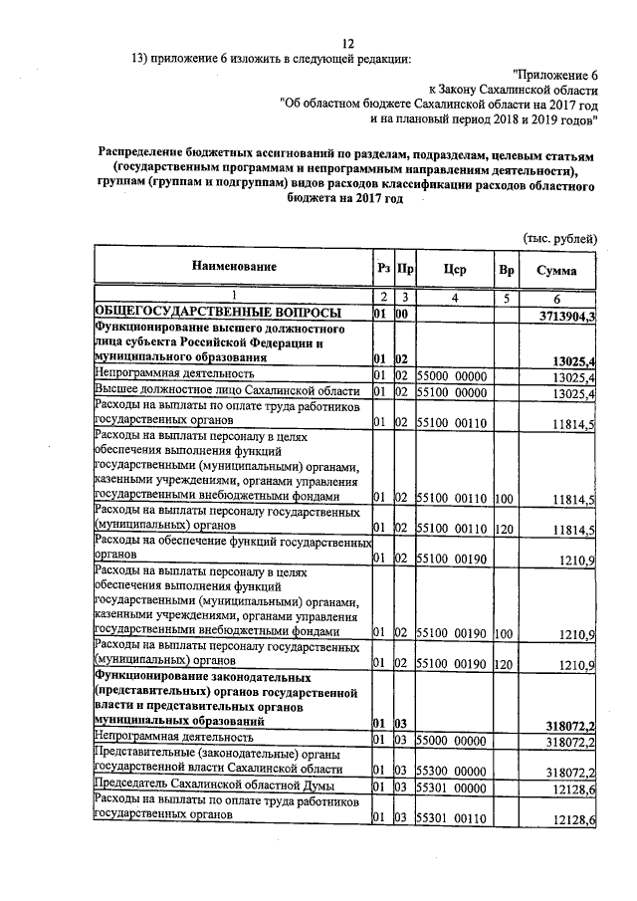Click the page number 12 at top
pyautogui.click(x=347, y=43)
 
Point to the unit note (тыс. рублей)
pyautogui.click(x=559, y=237)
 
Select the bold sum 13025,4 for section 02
pyautogui.click(x=569, y=359)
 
